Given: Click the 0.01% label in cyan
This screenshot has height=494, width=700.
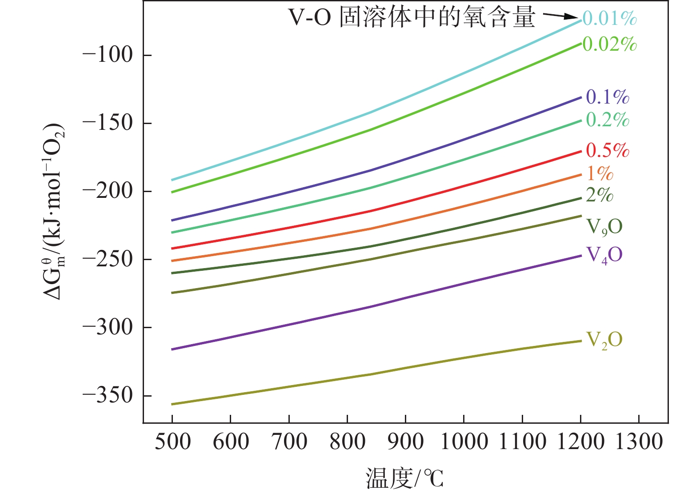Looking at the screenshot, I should [x=609, y=18].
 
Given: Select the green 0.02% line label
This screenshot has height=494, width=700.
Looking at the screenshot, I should [x=609, y=44].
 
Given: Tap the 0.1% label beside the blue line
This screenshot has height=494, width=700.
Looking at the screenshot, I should [x=607, y=96].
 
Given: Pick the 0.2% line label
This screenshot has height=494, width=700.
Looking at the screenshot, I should [x=607, y=120].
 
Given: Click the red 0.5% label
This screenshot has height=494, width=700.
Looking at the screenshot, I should [x=607, y=150].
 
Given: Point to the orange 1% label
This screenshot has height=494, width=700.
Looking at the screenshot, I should [x=600, y=173].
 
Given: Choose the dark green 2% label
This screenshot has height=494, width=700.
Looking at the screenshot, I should [x=600, y=195].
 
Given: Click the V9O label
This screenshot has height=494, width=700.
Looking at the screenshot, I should [x=604, y=227].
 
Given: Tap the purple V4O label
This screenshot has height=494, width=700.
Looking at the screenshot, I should [x=604, y=255].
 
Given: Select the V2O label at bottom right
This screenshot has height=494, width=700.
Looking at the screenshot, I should [x=604, y=340].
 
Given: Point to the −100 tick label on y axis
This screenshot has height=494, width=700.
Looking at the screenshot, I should [x=108, y=55].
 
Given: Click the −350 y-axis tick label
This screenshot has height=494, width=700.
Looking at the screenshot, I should [x=108, y=395].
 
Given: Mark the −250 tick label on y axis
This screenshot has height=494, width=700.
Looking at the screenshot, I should [x=108, y=259].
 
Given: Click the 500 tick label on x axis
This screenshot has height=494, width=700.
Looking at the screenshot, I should [x=172, y=442].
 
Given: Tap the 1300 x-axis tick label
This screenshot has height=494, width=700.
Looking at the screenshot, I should [x=639, y=442].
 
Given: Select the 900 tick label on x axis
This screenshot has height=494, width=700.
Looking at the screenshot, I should [x=405, y=442].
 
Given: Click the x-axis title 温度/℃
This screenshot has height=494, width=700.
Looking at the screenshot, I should [x=404, y=478].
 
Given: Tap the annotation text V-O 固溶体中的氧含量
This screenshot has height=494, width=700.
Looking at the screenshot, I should [x=412, y=18].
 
